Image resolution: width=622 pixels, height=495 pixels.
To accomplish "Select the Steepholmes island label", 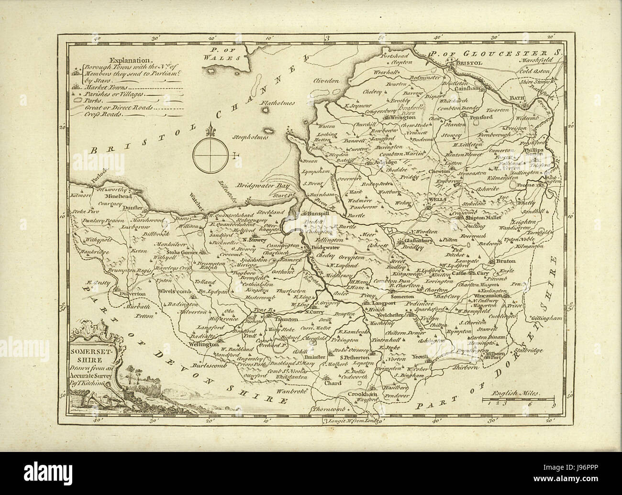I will click(x=250, y=137).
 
